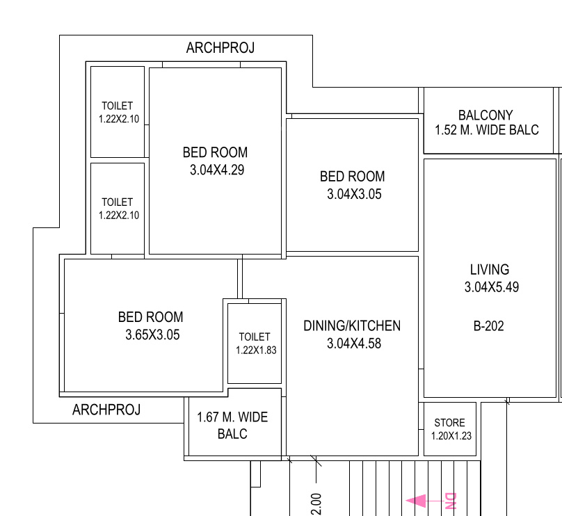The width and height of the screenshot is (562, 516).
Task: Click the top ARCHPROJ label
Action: pos(220,48)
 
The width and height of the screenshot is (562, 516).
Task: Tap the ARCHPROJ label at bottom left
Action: pos(106,410)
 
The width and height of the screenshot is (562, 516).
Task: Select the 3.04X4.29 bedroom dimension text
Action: pos(216,170)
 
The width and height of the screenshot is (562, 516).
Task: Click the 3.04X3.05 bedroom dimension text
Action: pos(354,195)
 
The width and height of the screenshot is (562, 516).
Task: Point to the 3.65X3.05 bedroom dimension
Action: pos(152,335)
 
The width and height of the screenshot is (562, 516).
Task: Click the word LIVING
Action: pos(490,269)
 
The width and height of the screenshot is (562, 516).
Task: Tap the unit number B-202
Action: pos(489,325)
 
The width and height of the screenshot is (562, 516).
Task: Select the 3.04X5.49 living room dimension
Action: pos(491,287)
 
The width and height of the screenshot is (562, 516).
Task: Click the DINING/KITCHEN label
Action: pos(352,325)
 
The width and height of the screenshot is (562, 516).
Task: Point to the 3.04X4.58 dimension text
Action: pos(353,344)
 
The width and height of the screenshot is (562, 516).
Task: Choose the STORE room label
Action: pos(449,423)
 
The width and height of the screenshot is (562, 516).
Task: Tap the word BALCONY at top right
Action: pos(485,115)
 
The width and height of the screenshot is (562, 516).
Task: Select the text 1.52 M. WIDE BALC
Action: pos(486,130)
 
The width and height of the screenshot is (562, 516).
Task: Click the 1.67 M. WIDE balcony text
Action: pos(232,417)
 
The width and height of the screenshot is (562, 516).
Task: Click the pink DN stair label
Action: pos(449,500)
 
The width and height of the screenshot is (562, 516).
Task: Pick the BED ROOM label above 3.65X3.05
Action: pos(151,317)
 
